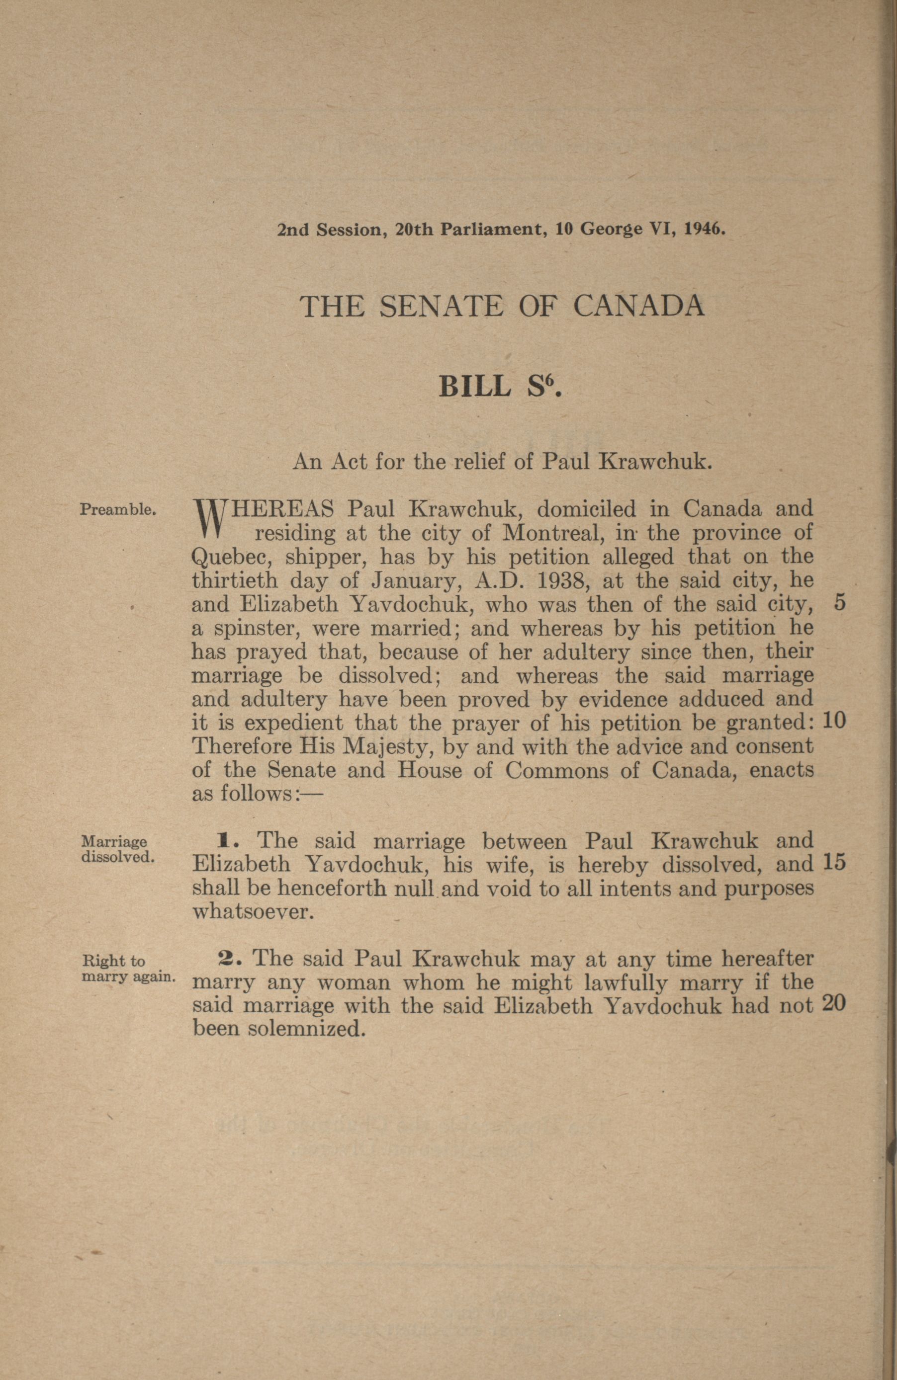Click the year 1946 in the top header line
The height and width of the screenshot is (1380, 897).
pos(705,229)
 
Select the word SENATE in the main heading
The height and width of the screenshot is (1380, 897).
pos(441,306)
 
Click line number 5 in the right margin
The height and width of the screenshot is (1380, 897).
pos(839,604)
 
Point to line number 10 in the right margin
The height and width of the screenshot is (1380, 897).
pos(834,722)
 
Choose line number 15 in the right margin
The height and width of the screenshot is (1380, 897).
pos(834,865)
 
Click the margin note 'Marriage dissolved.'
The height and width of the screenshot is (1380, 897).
pos(118,849)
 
